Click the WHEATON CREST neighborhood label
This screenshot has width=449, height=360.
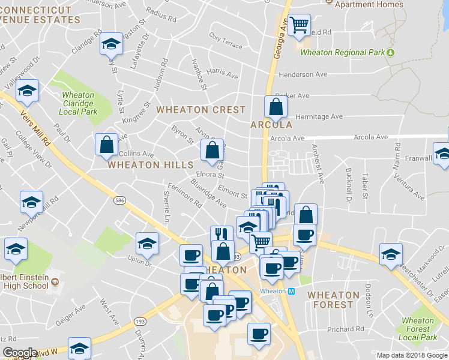[x=201, y=110]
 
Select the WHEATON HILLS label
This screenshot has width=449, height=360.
[x=150, y=164]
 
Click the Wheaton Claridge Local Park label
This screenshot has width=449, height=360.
[x=79, y=103]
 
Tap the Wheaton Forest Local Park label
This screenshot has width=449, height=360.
[x=418, y=329]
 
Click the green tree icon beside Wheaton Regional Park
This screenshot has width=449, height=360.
[x=391, y=52]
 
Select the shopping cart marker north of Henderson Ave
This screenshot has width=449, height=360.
[x=299, y=26]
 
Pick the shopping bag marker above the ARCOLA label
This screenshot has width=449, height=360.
[x=276, y=107]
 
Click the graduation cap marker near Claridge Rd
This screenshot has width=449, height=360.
[x=111, y=44]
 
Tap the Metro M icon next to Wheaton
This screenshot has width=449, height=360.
[x=292, y=291]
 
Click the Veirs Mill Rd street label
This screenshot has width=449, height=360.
[x=35, y=126]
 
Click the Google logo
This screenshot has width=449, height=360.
[x=20, y=353]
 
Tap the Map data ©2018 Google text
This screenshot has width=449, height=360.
[x=412, y=355]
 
